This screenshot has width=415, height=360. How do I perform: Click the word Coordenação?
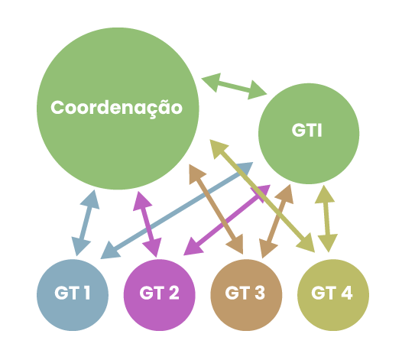tap(116, 108)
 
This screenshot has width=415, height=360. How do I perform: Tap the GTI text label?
tap(306, 130)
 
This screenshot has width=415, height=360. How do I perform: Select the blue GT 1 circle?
tap(73, 295)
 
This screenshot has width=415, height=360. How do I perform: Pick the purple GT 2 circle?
tap(159, 295)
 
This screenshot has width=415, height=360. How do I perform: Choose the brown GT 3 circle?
tap(246, 295)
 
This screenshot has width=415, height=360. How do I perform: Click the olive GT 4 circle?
tap(333, 295)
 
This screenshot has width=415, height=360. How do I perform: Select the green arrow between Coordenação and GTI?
tap(234, 86)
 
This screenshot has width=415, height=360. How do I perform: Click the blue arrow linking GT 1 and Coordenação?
tap(86, 223)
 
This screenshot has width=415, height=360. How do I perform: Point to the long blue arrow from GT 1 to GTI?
tap(177, 210)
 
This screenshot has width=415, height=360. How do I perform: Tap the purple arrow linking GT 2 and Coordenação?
tap(148, 224)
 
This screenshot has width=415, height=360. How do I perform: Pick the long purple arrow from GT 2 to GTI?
tap(227, 220)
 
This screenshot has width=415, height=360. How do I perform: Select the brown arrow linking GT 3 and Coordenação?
tap(216, 209)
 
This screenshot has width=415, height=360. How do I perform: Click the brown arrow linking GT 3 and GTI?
tap(277, 222)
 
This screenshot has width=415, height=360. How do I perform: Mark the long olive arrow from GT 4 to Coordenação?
tap(262, 196)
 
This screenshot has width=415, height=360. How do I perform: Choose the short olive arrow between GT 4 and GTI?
tap(326, 219)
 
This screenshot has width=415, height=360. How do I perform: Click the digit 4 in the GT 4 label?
tap(347, 293)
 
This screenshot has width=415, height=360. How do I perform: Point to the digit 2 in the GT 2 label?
tap(174, 293)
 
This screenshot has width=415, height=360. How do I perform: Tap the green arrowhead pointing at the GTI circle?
tap(257, 89)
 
